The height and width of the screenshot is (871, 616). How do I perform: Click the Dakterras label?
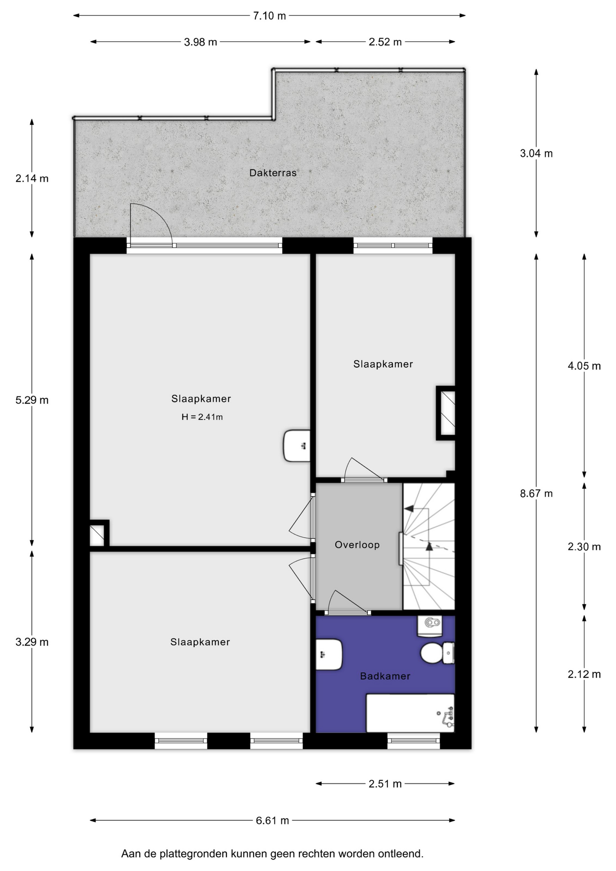point(273,173)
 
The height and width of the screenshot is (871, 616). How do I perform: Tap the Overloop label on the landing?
point(357,544)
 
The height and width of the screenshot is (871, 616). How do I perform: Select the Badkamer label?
point(385,676)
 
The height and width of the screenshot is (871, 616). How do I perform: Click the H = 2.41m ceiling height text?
point(202,417)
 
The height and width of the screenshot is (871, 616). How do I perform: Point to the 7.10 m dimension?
point(269,16)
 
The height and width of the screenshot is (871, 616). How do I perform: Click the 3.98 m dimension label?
point(200,42)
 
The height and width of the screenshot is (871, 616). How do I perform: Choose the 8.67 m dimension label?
point(536,493)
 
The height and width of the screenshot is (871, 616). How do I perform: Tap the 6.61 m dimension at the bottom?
point(272,820)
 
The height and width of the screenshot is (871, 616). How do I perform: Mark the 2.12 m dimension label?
point(584,674)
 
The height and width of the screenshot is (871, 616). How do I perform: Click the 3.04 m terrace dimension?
point(536,153)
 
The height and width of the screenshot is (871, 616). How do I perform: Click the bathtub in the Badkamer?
point(410,713)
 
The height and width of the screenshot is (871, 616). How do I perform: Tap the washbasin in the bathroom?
point(329,655)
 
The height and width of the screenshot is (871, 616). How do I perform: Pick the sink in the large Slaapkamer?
point(297,446)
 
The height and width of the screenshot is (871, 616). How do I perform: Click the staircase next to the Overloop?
point(429,546)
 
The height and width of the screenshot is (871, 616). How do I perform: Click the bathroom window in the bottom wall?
point(414,741)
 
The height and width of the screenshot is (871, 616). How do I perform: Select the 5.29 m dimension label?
point(32,400)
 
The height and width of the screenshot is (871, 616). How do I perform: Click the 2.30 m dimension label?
point(584,547)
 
